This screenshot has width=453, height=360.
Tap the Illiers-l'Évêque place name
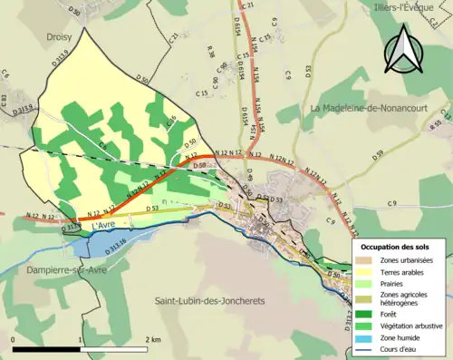pyautogui.click(x=411, y=8)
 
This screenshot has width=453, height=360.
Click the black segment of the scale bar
pyautogui.click(x=45, y=348)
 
